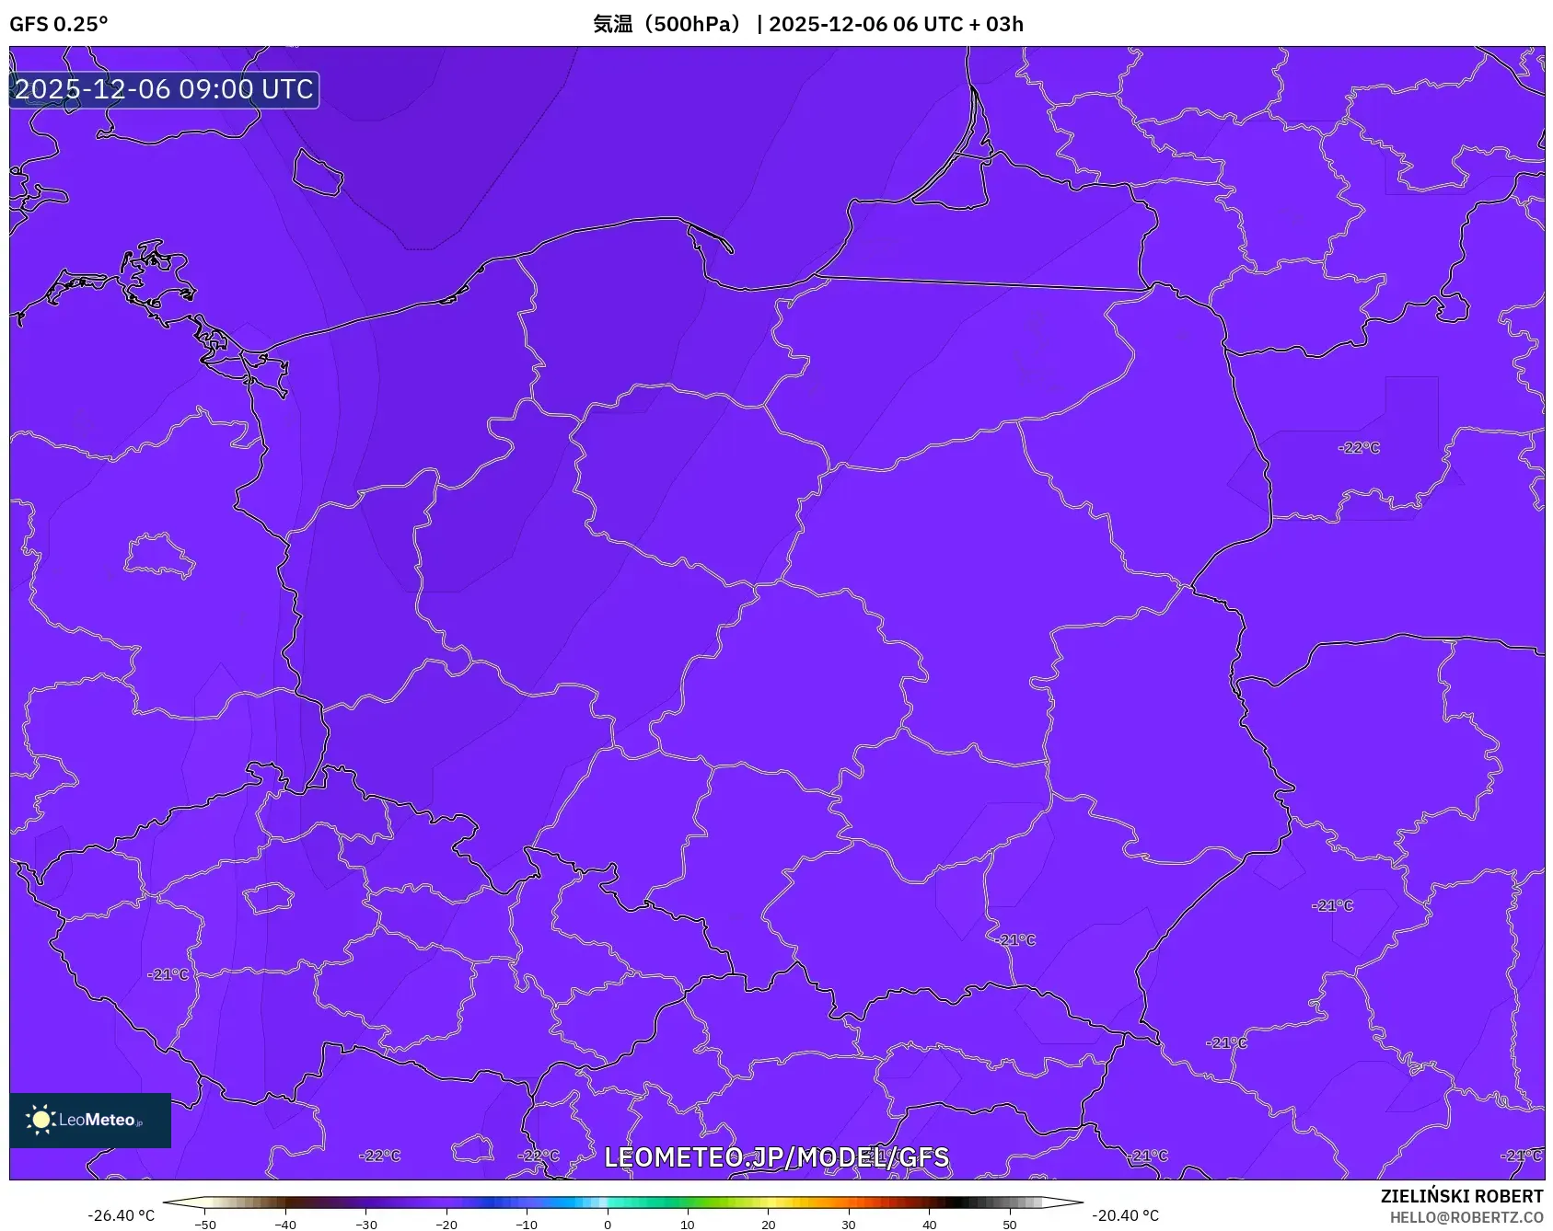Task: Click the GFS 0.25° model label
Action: point(58,24)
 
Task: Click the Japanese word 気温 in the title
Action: point(612,24)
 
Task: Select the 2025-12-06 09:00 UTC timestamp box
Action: point(164,89)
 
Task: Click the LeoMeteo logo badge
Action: point(90,1120)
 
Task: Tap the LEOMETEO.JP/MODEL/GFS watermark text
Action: point(776,1156)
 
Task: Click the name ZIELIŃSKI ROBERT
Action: point(1461,1196)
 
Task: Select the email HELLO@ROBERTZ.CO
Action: point(1466,1217)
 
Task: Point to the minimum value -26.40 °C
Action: point(121,1215)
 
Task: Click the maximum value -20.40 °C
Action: point(1125,1215)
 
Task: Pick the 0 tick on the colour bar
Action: point(607,1224)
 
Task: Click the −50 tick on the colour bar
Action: point(205,1224)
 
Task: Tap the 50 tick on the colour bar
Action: point(1009,1224)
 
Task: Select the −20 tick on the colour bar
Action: point(446,1224)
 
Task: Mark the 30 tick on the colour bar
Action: point(848,1224)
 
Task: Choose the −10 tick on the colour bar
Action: point(527,1224)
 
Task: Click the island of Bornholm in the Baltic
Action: point(318,172)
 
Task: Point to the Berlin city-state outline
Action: point(158,554)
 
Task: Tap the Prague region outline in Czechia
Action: point(268,897)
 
